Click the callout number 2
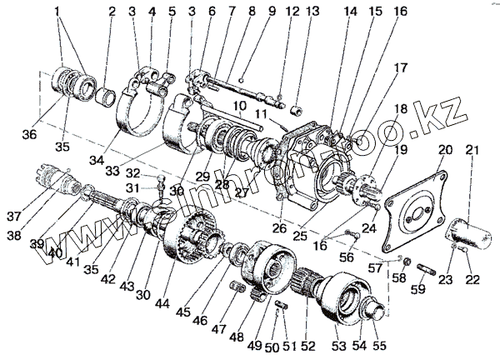pos(111,12)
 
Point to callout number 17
pos(402,67)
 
